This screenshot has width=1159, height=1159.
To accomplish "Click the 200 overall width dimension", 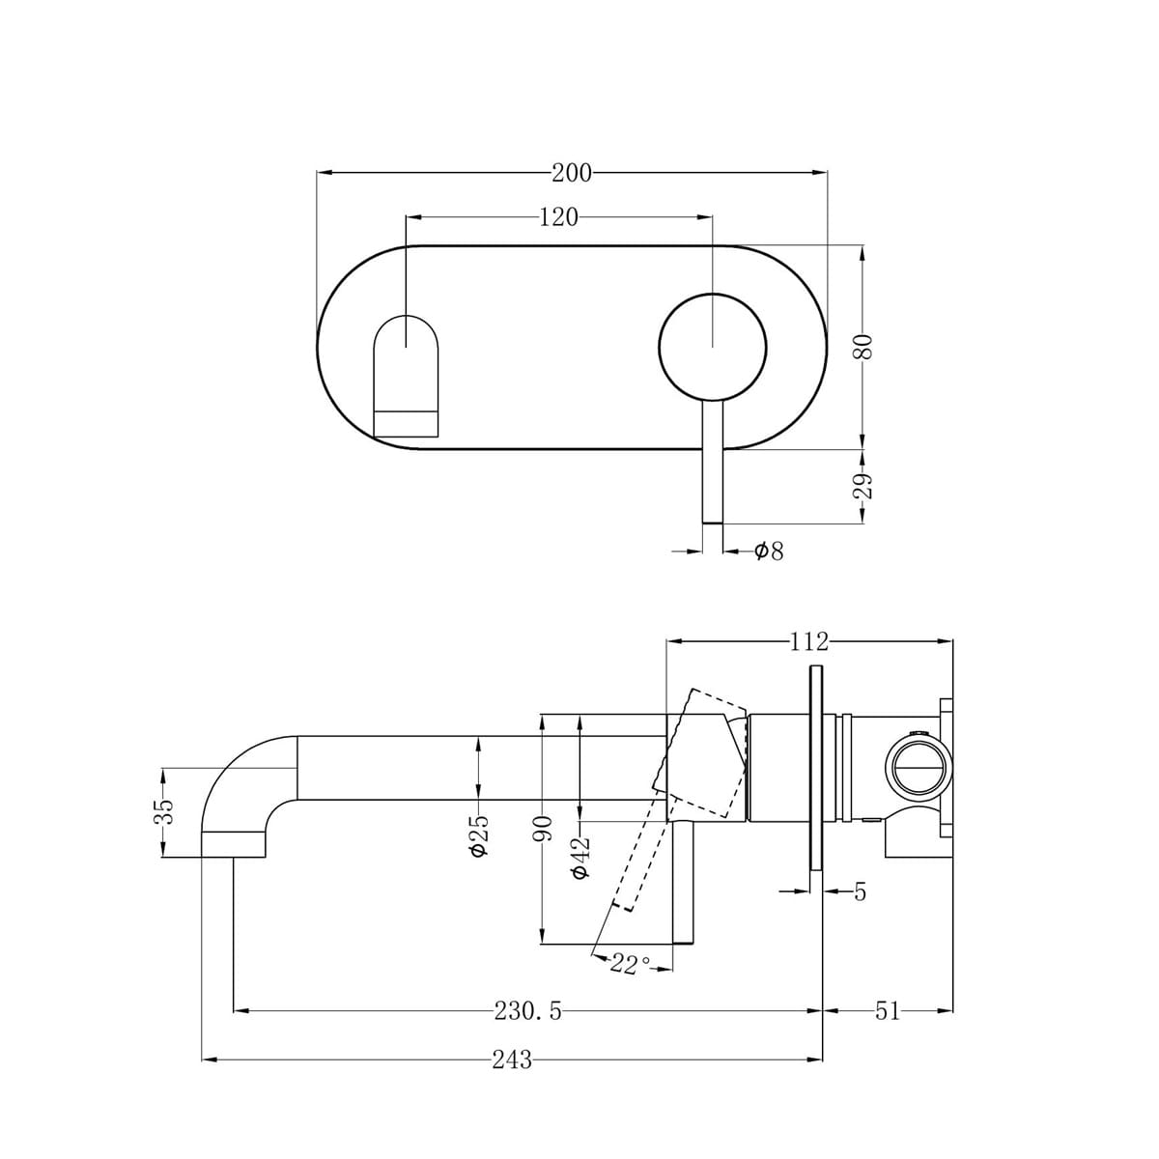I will coord(571,173).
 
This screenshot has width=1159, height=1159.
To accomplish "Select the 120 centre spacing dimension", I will coord(557,217).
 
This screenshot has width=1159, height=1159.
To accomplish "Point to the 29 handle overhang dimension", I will coord(862,486).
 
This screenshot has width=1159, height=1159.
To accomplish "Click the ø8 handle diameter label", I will coord(769,551).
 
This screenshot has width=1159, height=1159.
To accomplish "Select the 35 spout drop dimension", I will coord(165,809).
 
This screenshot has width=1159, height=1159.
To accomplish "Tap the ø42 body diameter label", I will coord(579,856).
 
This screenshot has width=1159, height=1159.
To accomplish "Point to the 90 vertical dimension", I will coord(544,827).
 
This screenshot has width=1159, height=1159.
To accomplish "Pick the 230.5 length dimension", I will coord(527,1011).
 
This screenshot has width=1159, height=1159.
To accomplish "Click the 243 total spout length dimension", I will coord(511,1060).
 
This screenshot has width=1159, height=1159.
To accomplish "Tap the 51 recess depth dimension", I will coord(887,1011).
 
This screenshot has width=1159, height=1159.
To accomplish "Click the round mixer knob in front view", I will coord(712,346).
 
